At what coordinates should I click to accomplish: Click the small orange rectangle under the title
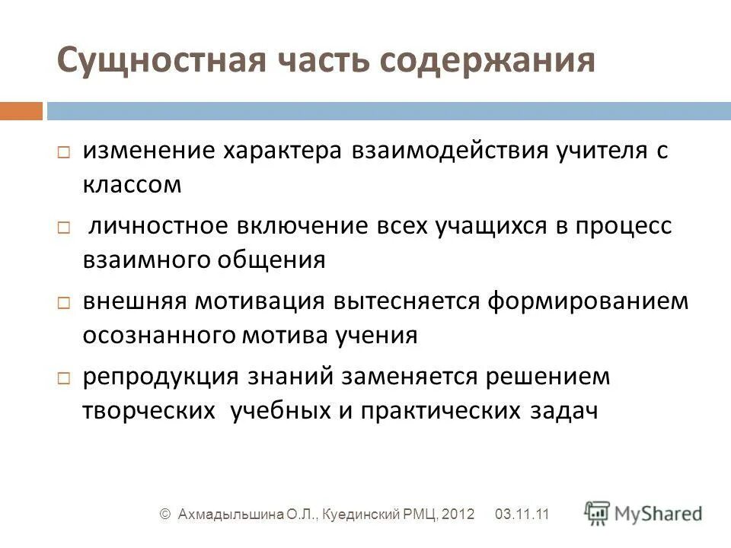pyautogui.click(x=21, y=111)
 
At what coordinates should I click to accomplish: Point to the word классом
pyautogui.click(x=132, y=185)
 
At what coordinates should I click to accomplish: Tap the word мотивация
pyautogui.click(x=260, y=301)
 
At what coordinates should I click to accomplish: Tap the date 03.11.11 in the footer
pyautogui.click(x=522, y=515)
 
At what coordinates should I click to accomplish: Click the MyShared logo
pyautogui.click(x=643, y=512)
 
